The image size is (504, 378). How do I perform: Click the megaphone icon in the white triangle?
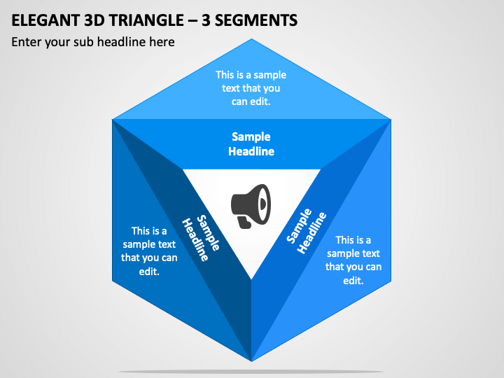click(x=251, y=206)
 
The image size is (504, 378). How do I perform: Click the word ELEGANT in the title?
click(x=45, y=20)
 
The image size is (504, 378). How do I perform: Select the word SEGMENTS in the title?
click(x=256, y=20)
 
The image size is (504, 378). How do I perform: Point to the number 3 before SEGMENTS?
click(x=206, y=20)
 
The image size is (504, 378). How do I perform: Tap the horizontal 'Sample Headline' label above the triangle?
click(x=251, y=144)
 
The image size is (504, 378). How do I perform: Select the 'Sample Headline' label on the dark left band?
click(x=201, y=238)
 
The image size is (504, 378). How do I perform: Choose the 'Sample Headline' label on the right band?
click(x=307, y=231)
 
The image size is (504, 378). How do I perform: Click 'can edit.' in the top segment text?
click(x=251, y=101)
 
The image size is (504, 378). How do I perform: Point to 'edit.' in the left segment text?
click(x=149, y=272)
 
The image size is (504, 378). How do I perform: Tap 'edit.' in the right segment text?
click(x=353, y=281)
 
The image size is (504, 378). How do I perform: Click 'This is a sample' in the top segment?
click(x=251, y=75)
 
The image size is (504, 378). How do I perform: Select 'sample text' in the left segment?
click(x=149, y=244)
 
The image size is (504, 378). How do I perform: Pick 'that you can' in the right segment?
click(x=353, y=267)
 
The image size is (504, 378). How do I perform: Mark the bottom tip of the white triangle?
click(x=252, y=279)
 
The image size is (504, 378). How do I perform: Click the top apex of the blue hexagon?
click(x=252, y=39)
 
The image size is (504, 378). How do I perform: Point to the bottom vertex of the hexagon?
click(x=252, y=362)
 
